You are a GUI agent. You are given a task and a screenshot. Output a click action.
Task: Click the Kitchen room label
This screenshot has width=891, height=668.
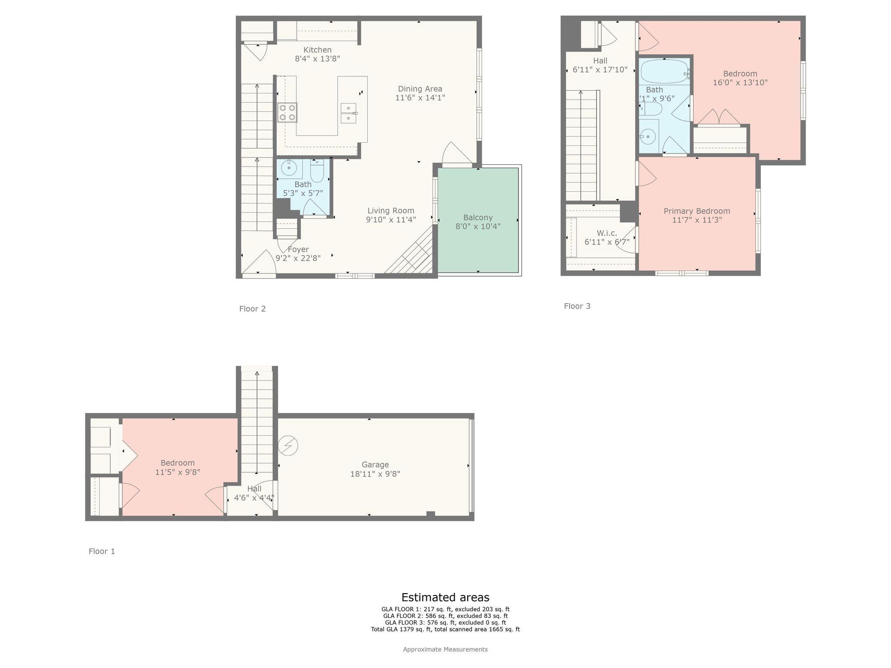point(317,50)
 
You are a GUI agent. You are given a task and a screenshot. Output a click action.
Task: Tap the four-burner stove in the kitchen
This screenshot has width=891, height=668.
point(288,113)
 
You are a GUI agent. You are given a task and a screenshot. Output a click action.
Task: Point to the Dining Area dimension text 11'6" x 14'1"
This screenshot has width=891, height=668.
point(420,98)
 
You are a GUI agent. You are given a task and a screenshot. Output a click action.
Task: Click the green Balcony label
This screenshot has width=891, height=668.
point(478,217)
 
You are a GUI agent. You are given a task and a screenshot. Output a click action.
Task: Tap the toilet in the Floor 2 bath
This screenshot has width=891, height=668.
point(317,171)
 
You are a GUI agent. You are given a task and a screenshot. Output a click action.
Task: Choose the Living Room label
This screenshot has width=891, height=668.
point(391,210)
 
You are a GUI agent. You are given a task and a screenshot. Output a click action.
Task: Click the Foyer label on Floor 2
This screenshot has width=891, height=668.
point(298,249)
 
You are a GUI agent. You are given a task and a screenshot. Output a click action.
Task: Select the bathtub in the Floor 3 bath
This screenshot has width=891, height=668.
point(664,72)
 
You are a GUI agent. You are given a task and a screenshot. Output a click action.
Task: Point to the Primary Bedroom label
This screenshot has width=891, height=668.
point(697,211)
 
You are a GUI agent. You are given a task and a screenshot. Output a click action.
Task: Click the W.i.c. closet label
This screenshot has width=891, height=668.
point(606,233)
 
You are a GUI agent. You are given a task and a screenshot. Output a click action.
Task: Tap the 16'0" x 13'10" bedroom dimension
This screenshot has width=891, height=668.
point(740,83)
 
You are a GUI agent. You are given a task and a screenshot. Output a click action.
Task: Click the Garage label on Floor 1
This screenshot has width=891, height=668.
point(375,464)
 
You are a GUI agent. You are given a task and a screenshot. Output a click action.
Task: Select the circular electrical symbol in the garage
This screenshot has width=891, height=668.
point(288,446)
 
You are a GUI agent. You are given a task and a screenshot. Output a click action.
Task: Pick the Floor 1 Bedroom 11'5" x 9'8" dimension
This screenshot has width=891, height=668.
point(178,472)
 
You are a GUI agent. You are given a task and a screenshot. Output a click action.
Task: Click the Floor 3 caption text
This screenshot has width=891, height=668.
point(577,306)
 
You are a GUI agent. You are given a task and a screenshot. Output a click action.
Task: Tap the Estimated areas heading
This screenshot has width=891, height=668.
point(445,597)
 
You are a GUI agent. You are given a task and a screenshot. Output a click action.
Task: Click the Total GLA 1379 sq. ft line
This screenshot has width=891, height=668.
point(445,629)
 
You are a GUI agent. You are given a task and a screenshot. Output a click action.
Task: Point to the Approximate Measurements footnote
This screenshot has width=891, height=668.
point(445,649)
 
